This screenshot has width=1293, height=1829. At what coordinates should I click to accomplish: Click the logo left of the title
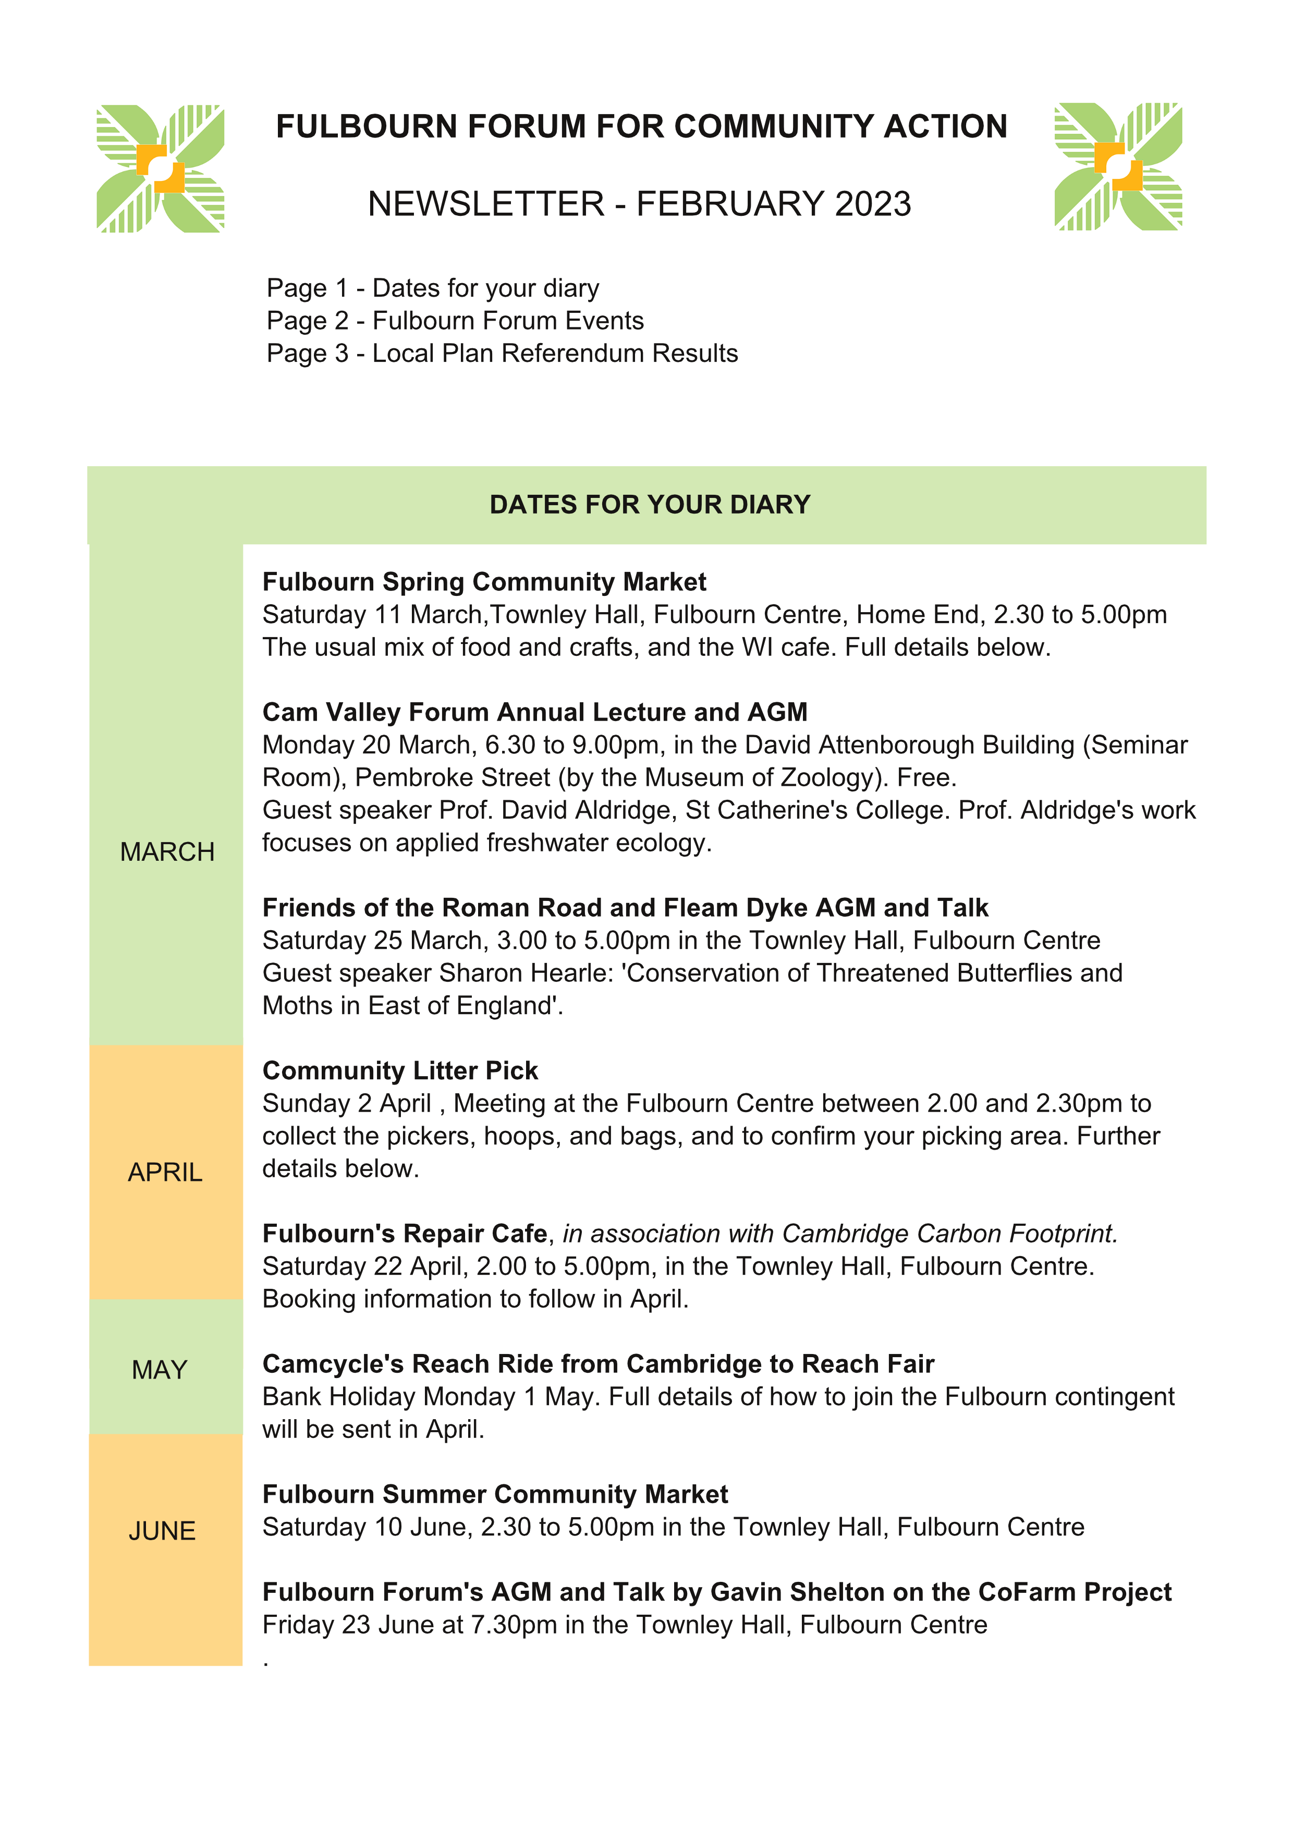pyautogui.click(x=160, y=169)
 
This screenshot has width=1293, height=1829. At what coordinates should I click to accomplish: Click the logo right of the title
pyautogui.click(x=1118, y=166)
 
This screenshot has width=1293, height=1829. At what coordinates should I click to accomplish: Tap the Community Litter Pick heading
pyautogui.click(x=400, y=1070)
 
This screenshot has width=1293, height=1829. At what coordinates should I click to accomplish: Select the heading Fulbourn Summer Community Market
pyautogui.click(x=495, y=1494)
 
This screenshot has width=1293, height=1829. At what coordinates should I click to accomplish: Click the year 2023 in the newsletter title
pyautogui.click(x=872, y=204)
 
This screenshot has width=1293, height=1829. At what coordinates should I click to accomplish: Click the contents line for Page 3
pyautogui.click(x=502, y=353)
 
